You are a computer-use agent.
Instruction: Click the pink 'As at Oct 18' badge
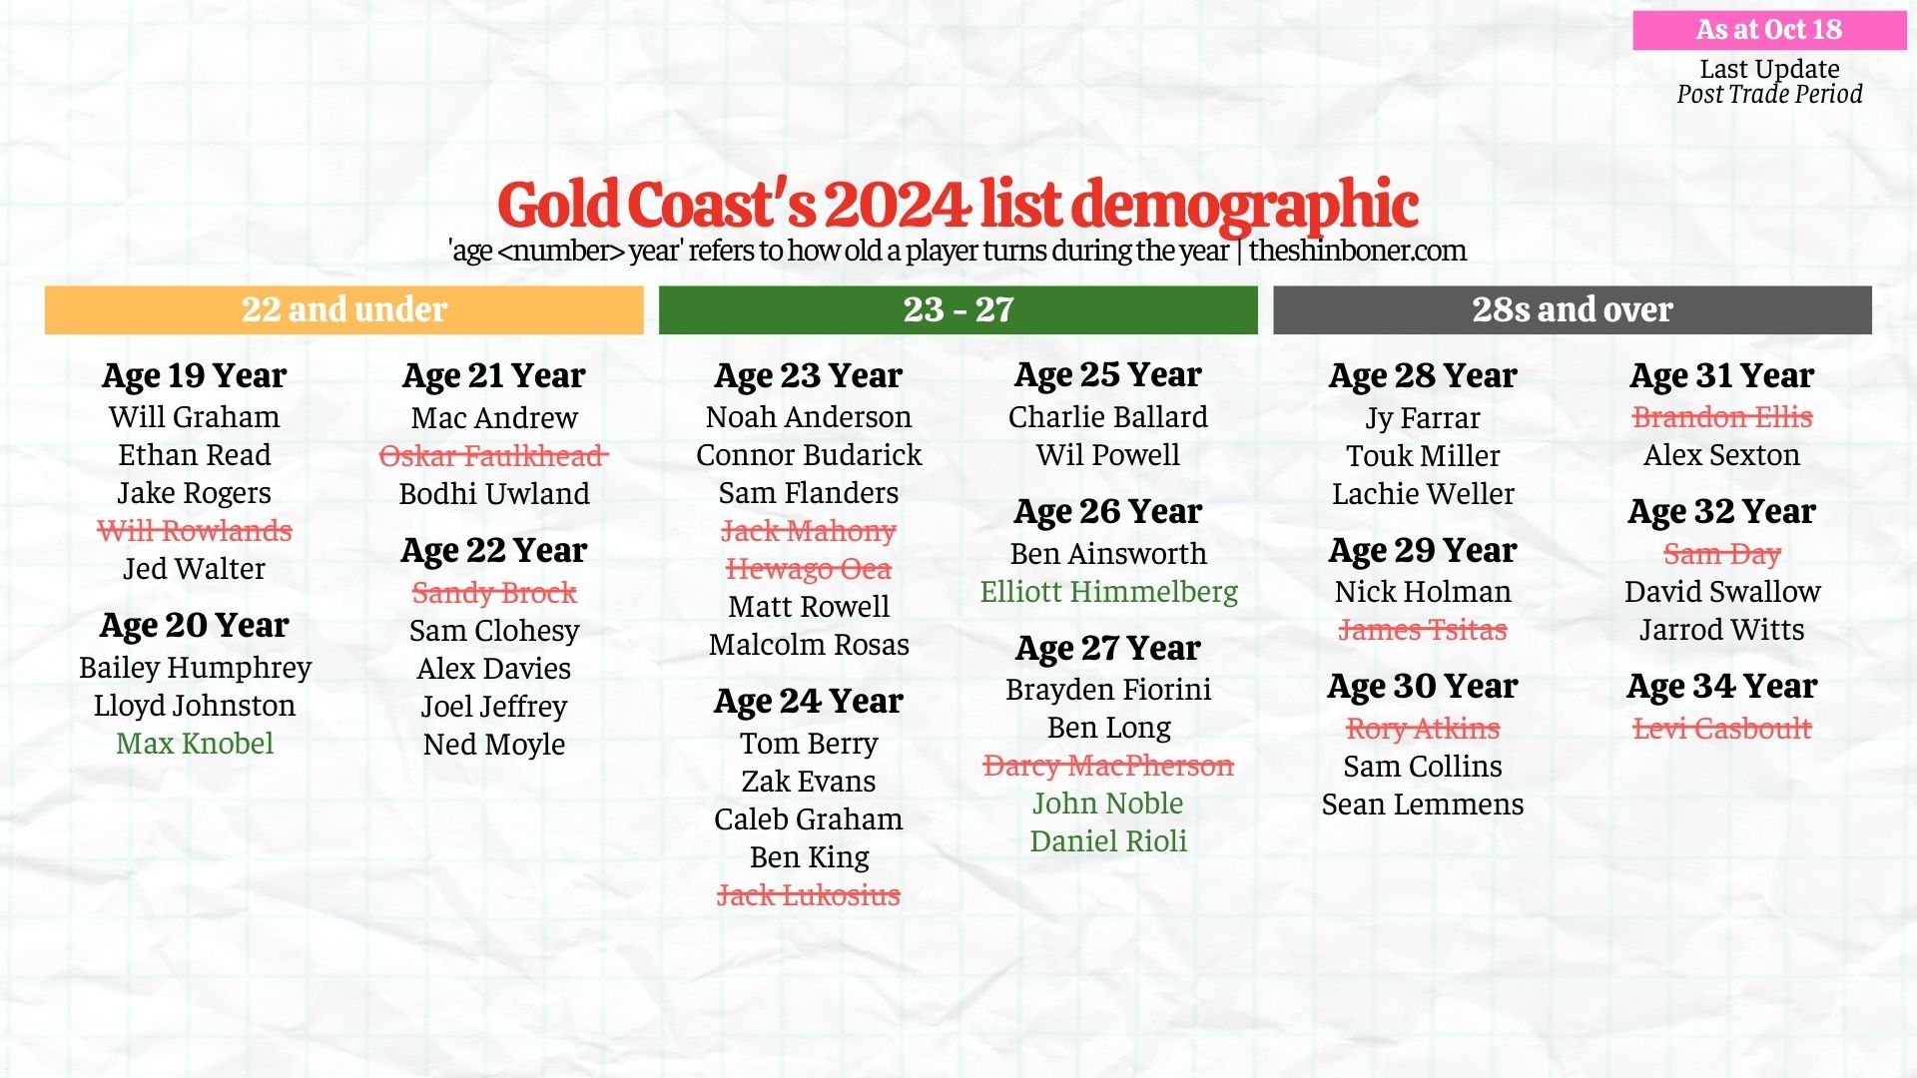pos(1768,30)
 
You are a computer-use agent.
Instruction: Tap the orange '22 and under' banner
pos(343,309)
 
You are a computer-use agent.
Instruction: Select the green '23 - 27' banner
pos(958,309)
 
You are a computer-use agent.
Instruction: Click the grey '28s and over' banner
pos(1572,309)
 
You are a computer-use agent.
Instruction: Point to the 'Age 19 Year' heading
pos(194,375)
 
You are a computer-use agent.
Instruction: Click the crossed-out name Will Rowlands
pos(194,531)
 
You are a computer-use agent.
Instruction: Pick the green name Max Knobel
pos(194,744)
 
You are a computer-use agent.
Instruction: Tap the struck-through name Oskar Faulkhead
pos(493,456)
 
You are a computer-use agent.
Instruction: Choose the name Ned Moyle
pos(493,745)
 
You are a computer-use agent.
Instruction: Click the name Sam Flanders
pos(808,493)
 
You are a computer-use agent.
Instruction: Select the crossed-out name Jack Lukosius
pos(808,895)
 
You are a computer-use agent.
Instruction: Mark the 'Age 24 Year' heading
pos(808,702)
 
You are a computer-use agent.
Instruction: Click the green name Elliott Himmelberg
pos(1108,592)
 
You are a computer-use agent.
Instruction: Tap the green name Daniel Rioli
pos(1108,841)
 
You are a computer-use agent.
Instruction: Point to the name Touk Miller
pos(1423,456)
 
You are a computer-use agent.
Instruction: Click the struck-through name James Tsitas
pos(1423,630)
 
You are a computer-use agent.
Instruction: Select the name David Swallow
pos(1722,592)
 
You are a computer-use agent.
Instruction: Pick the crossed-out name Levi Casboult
pos(1722,729)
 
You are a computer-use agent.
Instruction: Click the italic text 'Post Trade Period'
pos(1769,95)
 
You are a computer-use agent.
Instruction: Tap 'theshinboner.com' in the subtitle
pos(1357,251)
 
